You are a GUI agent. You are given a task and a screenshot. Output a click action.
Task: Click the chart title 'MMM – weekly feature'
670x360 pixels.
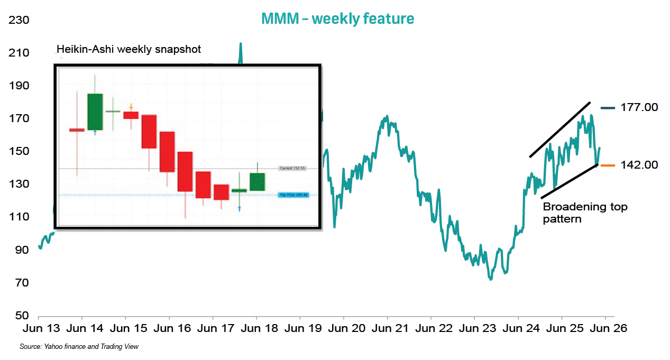click(337, 19)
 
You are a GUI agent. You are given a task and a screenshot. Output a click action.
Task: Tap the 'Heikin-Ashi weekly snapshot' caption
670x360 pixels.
click(129, 49)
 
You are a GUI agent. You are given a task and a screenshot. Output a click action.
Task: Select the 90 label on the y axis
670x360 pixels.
click(21, 250)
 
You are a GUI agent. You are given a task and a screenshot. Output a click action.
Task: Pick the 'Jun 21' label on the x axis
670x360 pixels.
click(387, 328)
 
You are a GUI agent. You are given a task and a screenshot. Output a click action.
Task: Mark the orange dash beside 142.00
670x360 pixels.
click(607, 165)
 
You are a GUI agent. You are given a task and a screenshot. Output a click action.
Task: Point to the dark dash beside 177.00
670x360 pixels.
click(607, 108)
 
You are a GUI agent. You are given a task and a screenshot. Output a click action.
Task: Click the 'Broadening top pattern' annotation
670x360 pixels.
click(585, 212)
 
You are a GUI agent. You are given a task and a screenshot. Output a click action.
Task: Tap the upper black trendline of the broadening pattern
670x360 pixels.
click(559, 130)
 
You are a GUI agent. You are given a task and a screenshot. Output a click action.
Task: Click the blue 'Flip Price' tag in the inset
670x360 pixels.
click(293, 195)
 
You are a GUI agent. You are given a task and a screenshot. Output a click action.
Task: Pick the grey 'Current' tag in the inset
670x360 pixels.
click(293, 168)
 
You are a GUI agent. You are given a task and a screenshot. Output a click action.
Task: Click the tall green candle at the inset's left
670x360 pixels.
click(95, 112)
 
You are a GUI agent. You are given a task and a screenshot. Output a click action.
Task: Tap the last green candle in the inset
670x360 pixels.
click(257, 182)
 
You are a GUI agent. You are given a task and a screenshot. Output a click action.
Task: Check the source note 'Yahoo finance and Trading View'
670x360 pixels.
click(79, 347)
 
